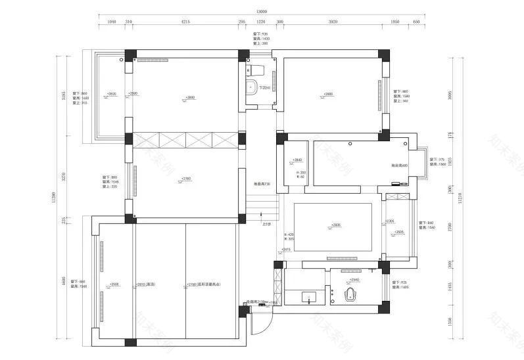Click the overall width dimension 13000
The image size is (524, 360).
[x=262, y=11]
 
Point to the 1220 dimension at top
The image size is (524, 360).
[x=260, y=21]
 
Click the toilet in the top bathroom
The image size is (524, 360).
[x=258, y=69]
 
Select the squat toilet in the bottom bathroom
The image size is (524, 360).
[x=353, y=294]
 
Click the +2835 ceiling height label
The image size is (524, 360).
[x=336, y=225]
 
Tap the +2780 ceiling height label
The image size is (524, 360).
[x=186, y=178]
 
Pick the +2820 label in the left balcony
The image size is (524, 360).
[x=111, y=94]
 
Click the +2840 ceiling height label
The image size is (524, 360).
[x=297, y=160]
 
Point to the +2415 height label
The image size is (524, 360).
[x=286, y=250]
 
